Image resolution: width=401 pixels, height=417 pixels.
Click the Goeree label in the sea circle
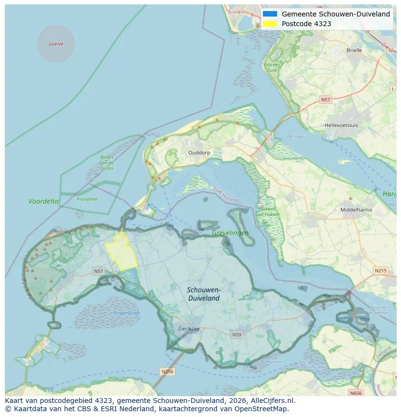click(56, 44)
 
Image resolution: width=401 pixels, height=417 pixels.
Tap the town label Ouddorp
click(199, 152)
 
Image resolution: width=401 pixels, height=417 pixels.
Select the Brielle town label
click(354, 50)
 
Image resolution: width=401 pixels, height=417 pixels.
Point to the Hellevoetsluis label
click(341, 125)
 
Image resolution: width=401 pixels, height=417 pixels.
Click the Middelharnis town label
click(356, 210)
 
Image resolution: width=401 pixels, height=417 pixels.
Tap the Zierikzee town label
click(188, 328)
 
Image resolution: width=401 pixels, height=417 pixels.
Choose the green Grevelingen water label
click(230, 233)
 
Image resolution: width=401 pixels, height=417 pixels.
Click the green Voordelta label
click(44, 201)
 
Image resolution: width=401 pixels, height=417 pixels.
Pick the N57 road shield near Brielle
click(325, 100)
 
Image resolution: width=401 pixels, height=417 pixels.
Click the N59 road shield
click(236, 335)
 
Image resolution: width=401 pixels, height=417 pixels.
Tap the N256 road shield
click(167, 371)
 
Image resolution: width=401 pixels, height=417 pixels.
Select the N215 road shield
click(381, 270)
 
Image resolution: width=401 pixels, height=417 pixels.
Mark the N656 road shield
click(356, 393)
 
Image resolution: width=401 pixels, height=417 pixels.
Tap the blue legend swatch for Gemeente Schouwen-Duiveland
click(270, 14)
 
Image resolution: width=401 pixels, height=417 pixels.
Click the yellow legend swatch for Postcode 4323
click(270, 24)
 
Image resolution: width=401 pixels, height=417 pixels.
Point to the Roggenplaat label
click(126, 313)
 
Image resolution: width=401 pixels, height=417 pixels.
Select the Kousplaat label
click(87, 199)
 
